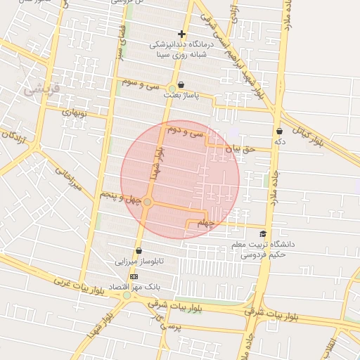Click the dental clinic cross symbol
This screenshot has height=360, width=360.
tap(181, 34)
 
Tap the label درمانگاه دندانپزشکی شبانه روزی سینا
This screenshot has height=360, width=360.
tap(182, 49)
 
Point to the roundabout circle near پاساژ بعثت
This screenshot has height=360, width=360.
tap(172, 88)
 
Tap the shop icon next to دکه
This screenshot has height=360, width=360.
tap(280, 131)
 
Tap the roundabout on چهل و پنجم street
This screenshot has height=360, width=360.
tap(148, 202)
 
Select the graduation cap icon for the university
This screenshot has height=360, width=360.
tap(263, 234)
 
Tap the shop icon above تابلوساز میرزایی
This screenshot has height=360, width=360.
tap(138, 250)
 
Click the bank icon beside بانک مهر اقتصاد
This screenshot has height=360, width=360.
tap(134, 276)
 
